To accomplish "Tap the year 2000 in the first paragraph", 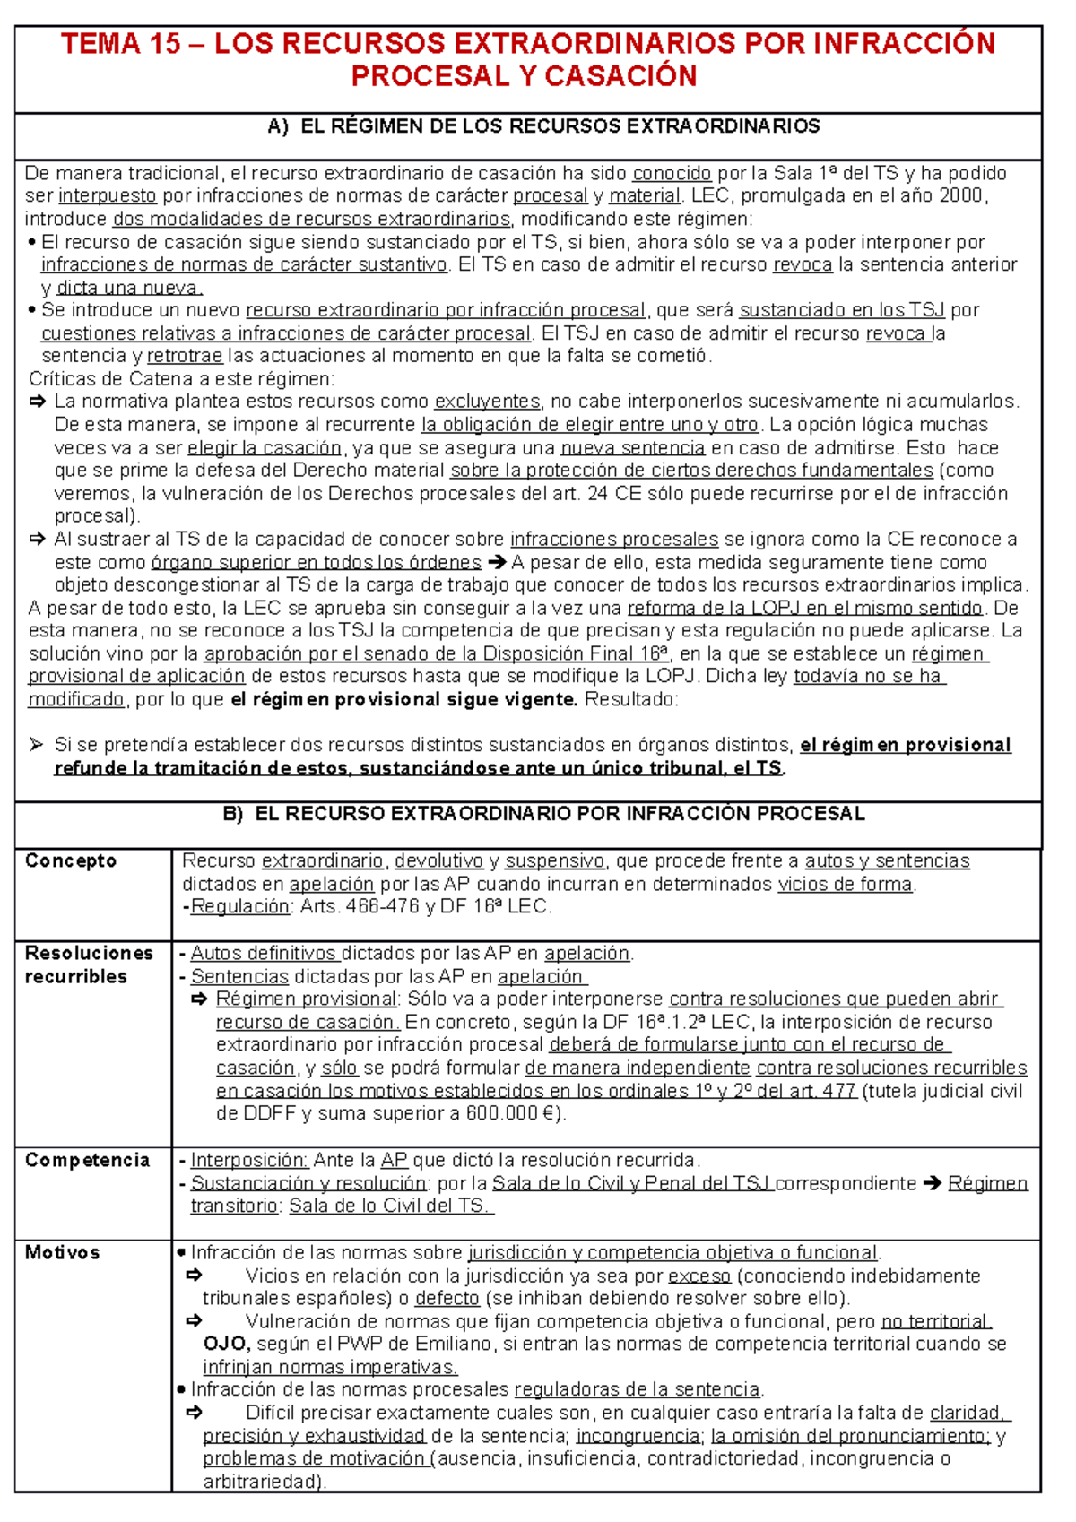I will (x=962, y=196).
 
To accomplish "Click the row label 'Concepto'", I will (x=71, y=861).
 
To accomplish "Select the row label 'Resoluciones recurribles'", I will (x=89, y=964).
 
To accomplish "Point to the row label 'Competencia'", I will (x=87, y=1161).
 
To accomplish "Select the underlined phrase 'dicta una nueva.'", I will (x=129, y=288).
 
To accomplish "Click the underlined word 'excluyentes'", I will (x=487, y=402).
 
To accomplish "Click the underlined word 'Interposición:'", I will (x=249, y=1161).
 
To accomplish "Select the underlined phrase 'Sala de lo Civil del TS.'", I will (x=391, y=1206).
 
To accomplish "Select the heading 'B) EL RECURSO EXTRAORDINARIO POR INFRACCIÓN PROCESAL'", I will (x=543, y=814).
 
